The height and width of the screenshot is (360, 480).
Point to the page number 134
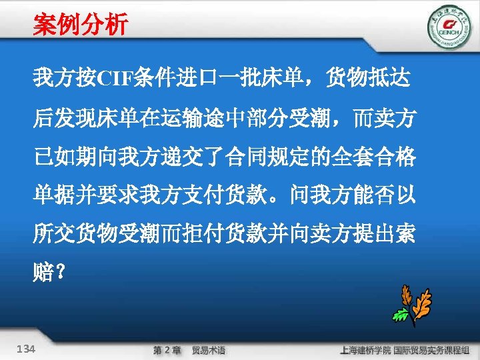click(x=27, y=349)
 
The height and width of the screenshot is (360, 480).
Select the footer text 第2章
click(x=167, y=350)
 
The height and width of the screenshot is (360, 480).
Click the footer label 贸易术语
click(x=209, y=350)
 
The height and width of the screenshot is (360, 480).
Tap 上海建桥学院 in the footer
click(x=364, y=350)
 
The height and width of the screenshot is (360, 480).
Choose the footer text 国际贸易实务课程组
click(x=433, y=350)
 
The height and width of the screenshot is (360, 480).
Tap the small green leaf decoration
click(x=399, y=314)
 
